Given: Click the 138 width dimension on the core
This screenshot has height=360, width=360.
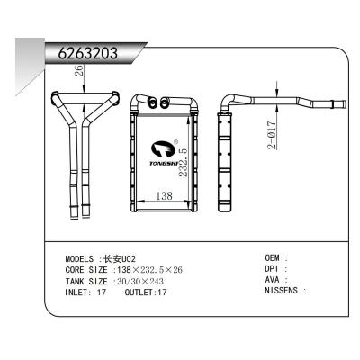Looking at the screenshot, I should pos(165,195).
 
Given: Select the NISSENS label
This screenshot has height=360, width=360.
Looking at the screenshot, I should pos(285,292).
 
